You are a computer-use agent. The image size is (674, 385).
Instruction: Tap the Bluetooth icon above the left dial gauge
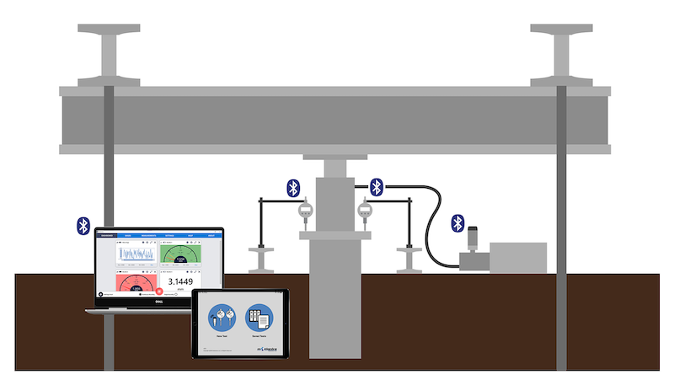tap(292, 187)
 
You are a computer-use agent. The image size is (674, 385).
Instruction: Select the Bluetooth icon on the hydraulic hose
tap(377, 187)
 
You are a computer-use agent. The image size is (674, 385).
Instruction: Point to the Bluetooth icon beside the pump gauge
tap(457, 222)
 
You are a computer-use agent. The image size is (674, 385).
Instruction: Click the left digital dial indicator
tap(305, 211)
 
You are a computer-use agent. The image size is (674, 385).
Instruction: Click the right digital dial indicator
tap(364, 211)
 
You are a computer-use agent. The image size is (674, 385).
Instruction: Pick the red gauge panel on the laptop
tap(135, 282)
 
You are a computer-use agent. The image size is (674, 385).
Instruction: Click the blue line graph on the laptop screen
tap(135, 254)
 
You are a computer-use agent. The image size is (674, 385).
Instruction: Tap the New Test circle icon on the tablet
tap(222, 318)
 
